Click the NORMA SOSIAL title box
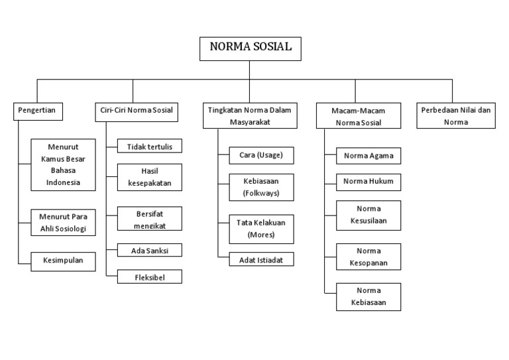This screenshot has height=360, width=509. [250, 48]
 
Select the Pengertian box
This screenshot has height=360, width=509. [38, 111]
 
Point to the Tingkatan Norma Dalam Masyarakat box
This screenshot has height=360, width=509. [250, 115]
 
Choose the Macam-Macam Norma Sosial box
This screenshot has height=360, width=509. [357, 115]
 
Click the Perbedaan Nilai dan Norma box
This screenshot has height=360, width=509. [456, 115]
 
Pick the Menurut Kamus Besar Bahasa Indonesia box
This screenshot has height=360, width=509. [64, 164]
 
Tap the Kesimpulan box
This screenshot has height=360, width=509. [64, 260]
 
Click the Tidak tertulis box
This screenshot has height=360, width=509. [149, 146]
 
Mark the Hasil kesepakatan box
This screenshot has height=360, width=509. [149, 176]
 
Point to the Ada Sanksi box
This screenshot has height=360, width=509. [149, 251]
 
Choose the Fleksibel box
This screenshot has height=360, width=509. [149, 277]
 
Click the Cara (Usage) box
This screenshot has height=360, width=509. [261, 155]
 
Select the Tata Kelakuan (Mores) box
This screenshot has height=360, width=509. [261, 229]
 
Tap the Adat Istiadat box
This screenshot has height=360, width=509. [261, 260]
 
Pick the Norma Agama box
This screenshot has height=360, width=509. [368, 156]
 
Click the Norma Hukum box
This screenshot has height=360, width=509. [368, 181]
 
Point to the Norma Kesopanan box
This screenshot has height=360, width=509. [368, 257]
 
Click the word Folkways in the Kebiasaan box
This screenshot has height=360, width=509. [261, 194]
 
